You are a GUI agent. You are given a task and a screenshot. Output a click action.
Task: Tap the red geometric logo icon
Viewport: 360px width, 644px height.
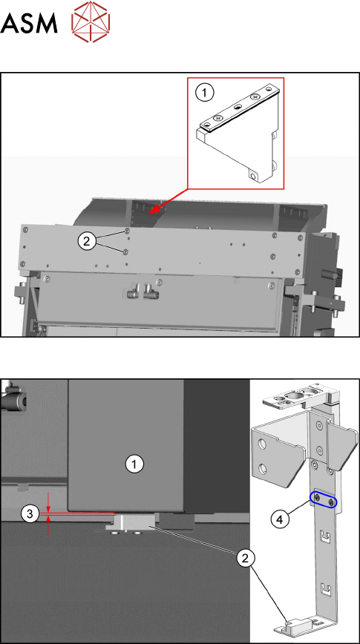coord(91,22)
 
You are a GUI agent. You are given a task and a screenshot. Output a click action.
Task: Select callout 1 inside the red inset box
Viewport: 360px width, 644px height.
coord(204,93)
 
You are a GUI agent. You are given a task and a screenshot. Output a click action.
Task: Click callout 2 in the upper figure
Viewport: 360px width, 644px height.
coord(86,242)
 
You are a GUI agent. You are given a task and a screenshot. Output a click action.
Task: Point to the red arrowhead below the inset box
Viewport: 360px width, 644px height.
coord(153,210)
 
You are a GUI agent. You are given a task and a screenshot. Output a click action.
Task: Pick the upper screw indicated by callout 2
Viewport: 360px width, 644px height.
coord(127,231)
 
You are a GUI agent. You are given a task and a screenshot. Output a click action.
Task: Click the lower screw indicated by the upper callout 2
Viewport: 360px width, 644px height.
coord(125,251)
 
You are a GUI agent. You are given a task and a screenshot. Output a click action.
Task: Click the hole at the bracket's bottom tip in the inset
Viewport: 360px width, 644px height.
coord(252,177)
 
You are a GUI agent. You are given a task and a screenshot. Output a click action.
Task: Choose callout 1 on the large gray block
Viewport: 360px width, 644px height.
coord(134,464)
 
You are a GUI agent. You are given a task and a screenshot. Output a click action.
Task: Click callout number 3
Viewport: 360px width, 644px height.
coord(30,513)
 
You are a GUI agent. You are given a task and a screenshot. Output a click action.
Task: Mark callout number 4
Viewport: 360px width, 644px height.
coord(279,519)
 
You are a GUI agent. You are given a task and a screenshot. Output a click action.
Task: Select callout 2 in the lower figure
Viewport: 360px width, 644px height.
coord(245,558)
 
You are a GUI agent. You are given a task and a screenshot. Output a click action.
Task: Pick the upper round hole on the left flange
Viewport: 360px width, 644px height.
coord(263,444)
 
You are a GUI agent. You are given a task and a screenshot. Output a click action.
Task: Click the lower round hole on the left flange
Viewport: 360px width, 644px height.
coord(263,468)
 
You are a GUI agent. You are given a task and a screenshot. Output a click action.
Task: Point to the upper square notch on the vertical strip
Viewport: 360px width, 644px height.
coord(324,537)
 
